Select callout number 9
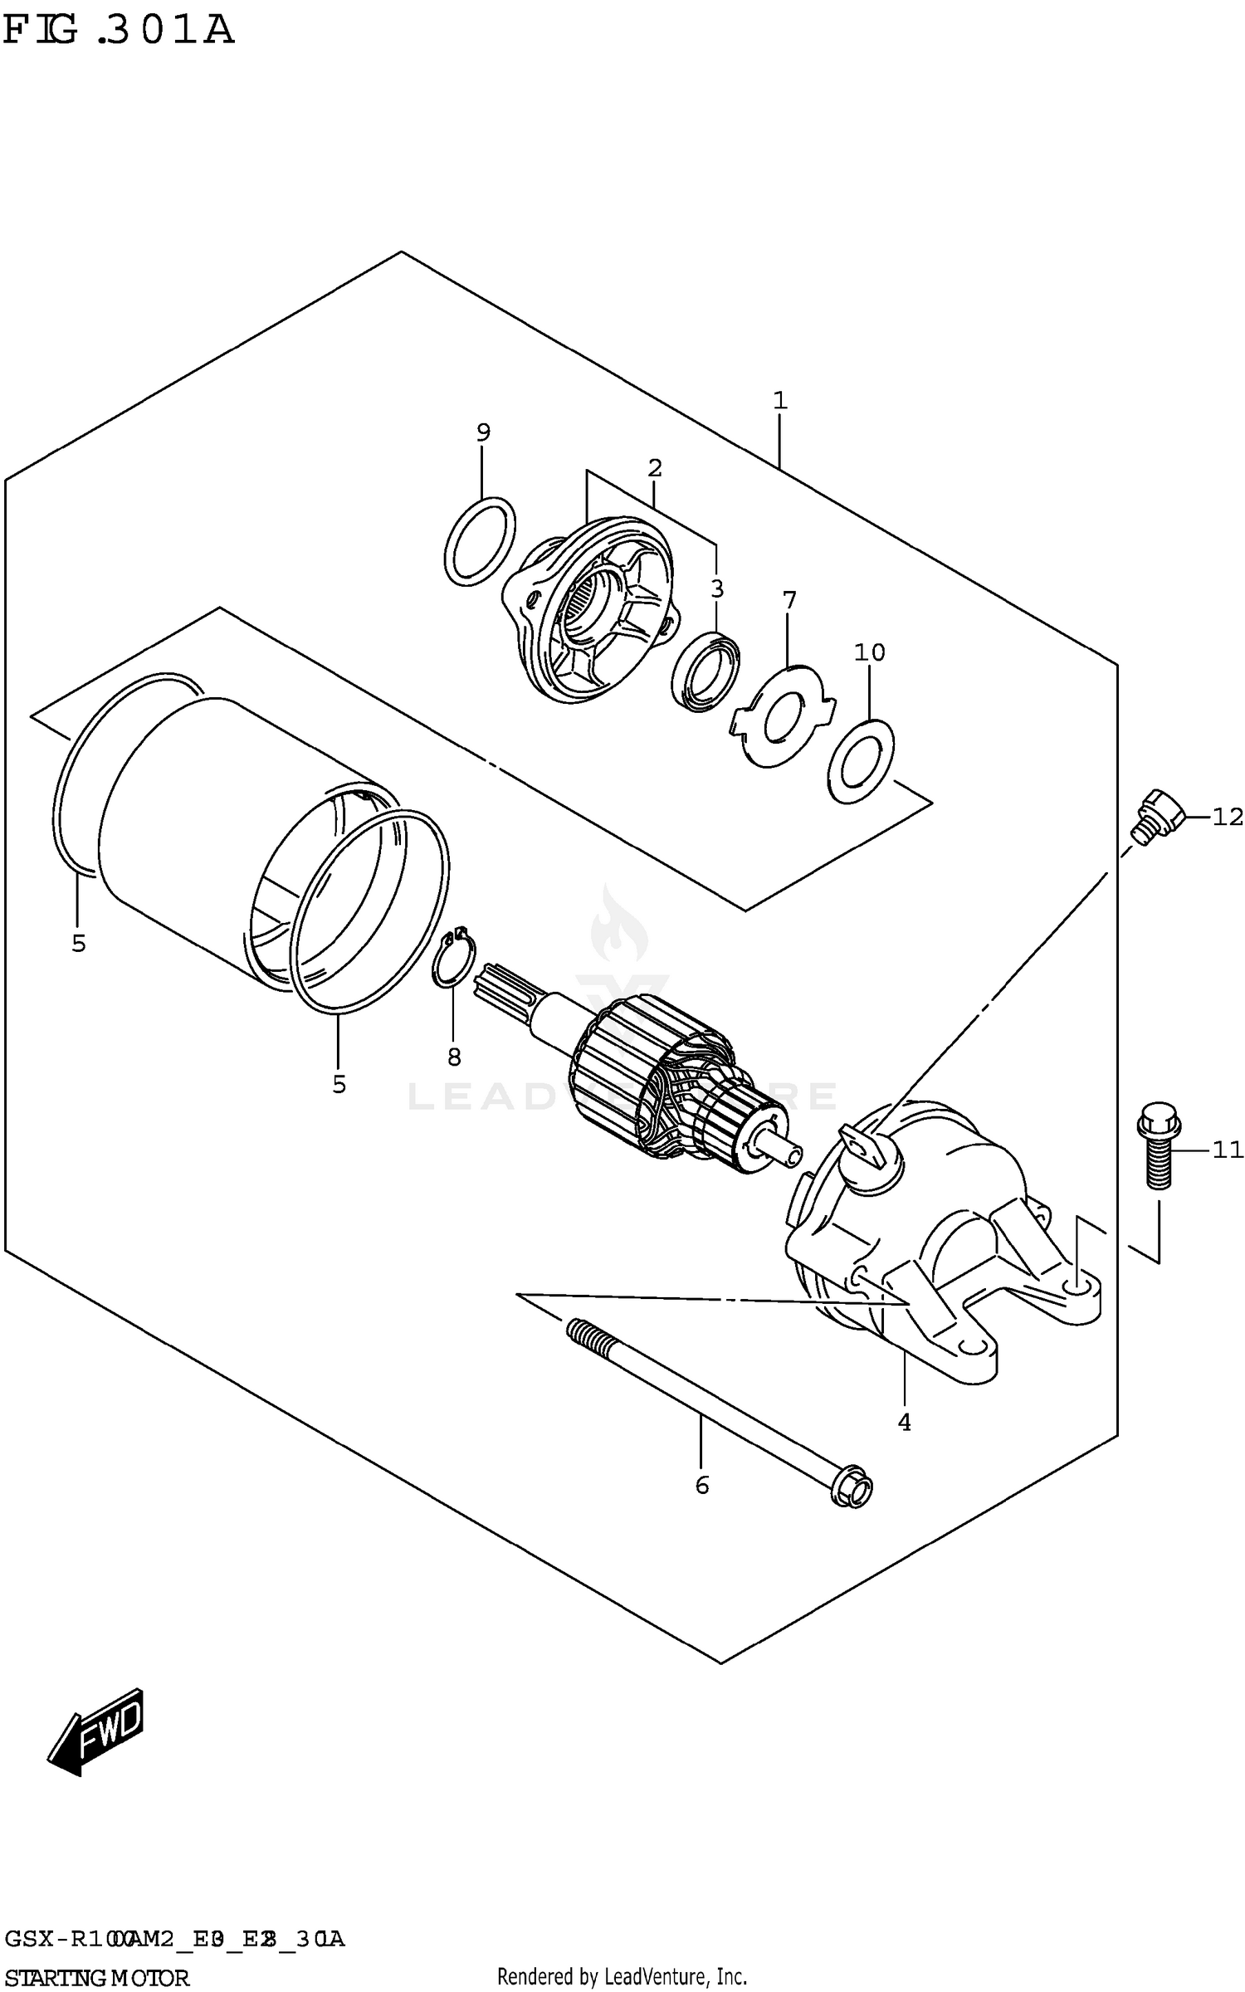(483, 432)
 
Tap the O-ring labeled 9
(480, 542)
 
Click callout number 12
(1228, 817)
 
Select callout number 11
(1228, 1150)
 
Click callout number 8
(453, 1057)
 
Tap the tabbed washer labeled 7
(782, 716)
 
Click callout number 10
(870, 652)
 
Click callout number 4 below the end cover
(904, 1422)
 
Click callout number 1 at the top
(779, 400)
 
